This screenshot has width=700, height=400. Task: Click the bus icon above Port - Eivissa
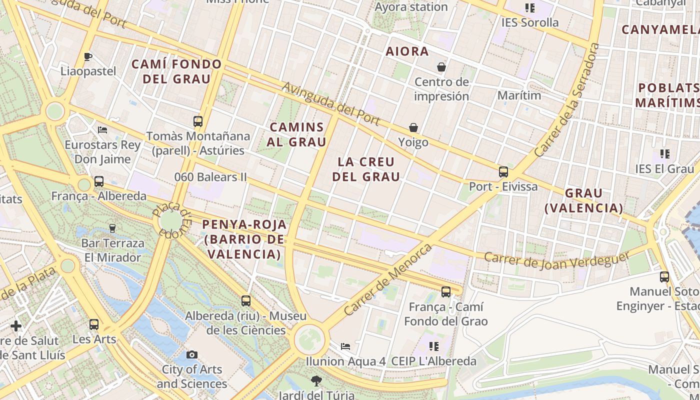click(x=503, y=172)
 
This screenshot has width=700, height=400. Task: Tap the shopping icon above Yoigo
click(x=413, y=127)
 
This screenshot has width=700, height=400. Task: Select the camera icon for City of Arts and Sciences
click(x=191, y=355)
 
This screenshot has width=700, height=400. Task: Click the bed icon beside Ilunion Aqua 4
click(x=345, y=346)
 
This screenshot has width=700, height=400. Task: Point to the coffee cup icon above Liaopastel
click(x=88, y=56)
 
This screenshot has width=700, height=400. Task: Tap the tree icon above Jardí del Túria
click(x=315, y=381)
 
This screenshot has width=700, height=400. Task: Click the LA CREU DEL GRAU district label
click(x=366, y=169)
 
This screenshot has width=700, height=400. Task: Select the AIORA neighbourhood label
click(x=407, y=51)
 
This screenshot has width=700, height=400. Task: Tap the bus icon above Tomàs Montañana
click(x=198, y=121)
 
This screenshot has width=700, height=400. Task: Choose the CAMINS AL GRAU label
click(x=296, y=134)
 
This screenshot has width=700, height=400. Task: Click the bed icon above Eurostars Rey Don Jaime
click(x=102, y=130)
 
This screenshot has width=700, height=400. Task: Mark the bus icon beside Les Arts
click(x=94, y=324)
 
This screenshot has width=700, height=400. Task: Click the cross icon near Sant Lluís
click(x=16, y=326)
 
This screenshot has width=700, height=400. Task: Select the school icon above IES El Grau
click(x=665, y=153)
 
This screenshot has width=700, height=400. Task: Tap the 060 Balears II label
click(x=210, y=177)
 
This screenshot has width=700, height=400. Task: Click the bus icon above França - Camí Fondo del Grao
click(x=446, y=292)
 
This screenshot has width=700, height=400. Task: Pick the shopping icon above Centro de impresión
click(x=441, y=67)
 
